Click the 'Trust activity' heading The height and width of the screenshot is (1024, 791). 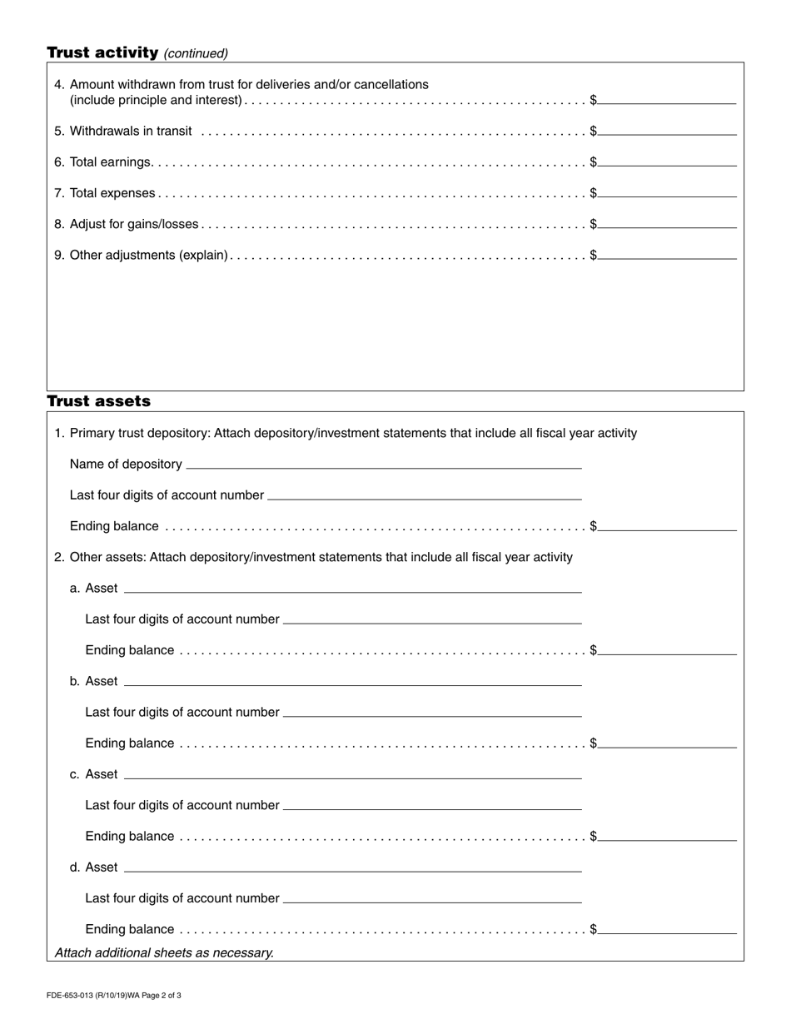pos(102,52)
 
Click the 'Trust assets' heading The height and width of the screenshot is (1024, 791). pos(98,401)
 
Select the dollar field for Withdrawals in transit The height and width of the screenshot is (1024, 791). pos(667,129)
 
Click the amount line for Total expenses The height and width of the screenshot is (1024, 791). pos(667,191)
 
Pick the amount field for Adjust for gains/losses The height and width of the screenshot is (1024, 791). pos(667,222)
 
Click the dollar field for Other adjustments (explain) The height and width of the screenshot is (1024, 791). pos(667,253)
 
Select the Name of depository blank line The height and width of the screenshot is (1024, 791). pos(384,463)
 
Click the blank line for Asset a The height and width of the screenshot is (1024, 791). pos(352,587)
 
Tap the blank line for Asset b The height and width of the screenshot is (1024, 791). pos(352,680)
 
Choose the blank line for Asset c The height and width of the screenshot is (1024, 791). pos(352,773)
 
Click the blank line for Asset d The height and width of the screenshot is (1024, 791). pos(352,867)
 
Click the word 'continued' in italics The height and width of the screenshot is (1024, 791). pos(196,53)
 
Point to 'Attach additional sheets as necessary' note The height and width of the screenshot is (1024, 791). pos(164,952)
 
